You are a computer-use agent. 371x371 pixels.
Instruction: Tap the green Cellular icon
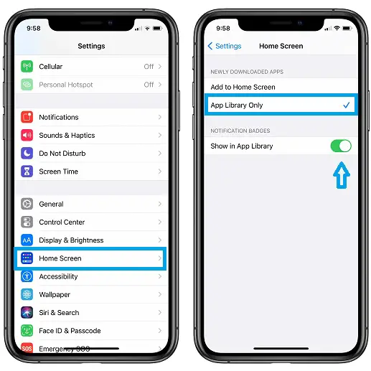tap(27, 66)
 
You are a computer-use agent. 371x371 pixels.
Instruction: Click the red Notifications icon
tap(27, 117)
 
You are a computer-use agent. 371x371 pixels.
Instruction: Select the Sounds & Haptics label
tap(67, 136)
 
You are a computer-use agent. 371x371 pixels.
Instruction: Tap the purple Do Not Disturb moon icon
tap(27, 154)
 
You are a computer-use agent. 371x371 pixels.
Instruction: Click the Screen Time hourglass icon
tap(27, 172)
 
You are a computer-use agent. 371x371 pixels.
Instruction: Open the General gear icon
tap(27, 204)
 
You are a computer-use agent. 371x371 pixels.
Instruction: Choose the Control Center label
tap(62, 222)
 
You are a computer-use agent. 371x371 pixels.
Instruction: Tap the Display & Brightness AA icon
tap(27, 240)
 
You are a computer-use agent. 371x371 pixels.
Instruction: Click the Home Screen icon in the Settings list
tap(27, 258)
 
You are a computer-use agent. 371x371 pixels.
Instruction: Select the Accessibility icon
tap(27, 276)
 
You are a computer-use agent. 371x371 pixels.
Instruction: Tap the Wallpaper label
tap(55, 295)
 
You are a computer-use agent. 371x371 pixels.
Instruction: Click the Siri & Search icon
tap(27, 313)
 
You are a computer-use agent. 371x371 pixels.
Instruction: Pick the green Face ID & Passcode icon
tap(27, 331)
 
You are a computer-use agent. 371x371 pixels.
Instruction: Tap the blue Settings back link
tap(225, 46)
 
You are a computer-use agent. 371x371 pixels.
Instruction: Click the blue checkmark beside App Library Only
tap(346, 105)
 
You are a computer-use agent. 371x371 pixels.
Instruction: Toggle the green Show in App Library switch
tap(341, 146)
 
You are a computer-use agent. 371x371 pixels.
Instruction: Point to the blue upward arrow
tap(342, 175)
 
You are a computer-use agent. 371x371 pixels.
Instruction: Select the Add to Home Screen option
tap(243, 87)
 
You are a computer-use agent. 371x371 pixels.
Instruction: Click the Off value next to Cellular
tap(149, 67)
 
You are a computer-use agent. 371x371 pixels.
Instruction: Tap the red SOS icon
tap(27, 348)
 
